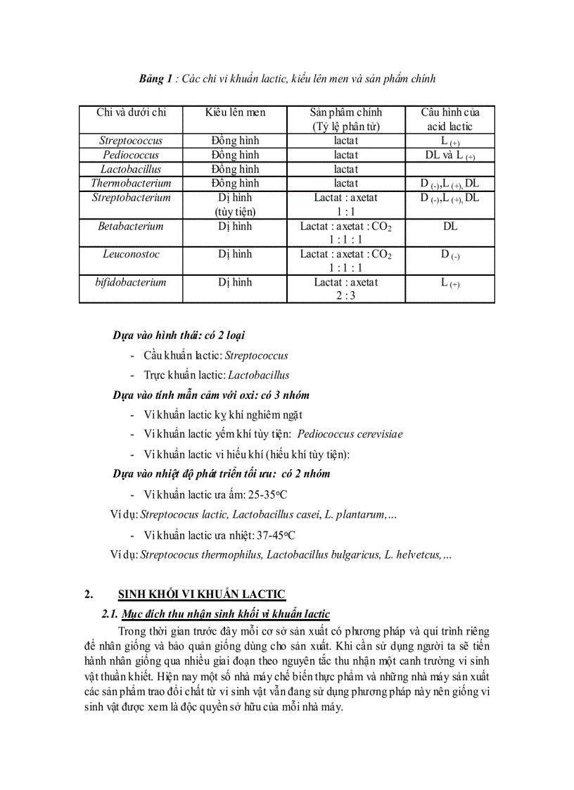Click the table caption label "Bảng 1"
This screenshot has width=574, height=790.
155,79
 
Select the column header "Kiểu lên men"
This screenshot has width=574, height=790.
235,113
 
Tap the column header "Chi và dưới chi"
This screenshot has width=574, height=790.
131,113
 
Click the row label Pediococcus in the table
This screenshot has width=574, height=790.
131,155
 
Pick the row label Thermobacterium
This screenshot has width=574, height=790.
131,184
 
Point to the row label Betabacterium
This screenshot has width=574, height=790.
131,227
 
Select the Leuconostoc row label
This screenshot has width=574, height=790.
131,254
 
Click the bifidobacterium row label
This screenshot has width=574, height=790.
131,282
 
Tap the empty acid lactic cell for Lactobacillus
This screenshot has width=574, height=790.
449,170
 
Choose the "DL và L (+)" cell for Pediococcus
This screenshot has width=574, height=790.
449,155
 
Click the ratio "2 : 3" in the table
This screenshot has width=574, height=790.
345,296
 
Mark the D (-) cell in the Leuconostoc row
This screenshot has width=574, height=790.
449,255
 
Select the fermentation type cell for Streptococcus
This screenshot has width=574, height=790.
235,141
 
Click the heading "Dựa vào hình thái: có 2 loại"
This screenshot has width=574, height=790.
179,336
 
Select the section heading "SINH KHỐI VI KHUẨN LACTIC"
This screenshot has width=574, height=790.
201,594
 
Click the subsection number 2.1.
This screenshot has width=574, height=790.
110,614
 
